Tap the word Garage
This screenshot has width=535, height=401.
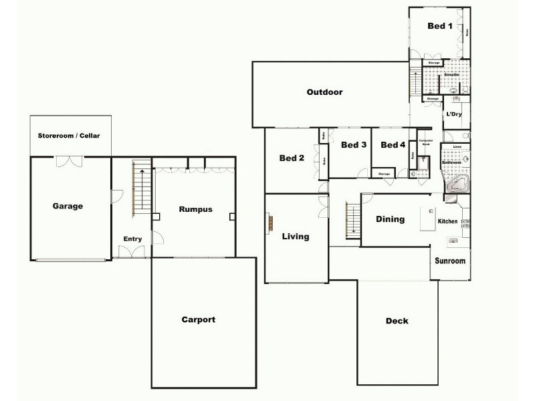click(x=68, y=206)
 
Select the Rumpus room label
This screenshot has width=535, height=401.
click(x=195, y=209)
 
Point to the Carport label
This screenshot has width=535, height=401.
click(x=199, y=319)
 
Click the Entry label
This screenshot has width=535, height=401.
click(x=132, y=239)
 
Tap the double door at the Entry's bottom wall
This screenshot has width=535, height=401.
click(x=131, y=252)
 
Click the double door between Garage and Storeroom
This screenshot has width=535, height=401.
click(x=69, y=161)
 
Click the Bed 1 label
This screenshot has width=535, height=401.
click(x=440, y=27)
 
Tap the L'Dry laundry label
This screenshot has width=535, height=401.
click(x=454, y=114)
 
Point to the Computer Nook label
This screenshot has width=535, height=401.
click(x=425, y=142)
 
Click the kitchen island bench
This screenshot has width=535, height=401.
click(x=425, y=218)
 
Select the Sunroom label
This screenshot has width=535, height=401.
click(x=449, y=261)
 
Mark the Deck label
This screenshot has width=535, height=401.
click(x=397, y=321)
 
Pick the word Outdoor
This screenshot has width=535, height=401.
click(x=324, y=92)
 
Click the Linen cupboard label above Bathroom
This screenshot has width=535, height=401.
click(x=457, y=146)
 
